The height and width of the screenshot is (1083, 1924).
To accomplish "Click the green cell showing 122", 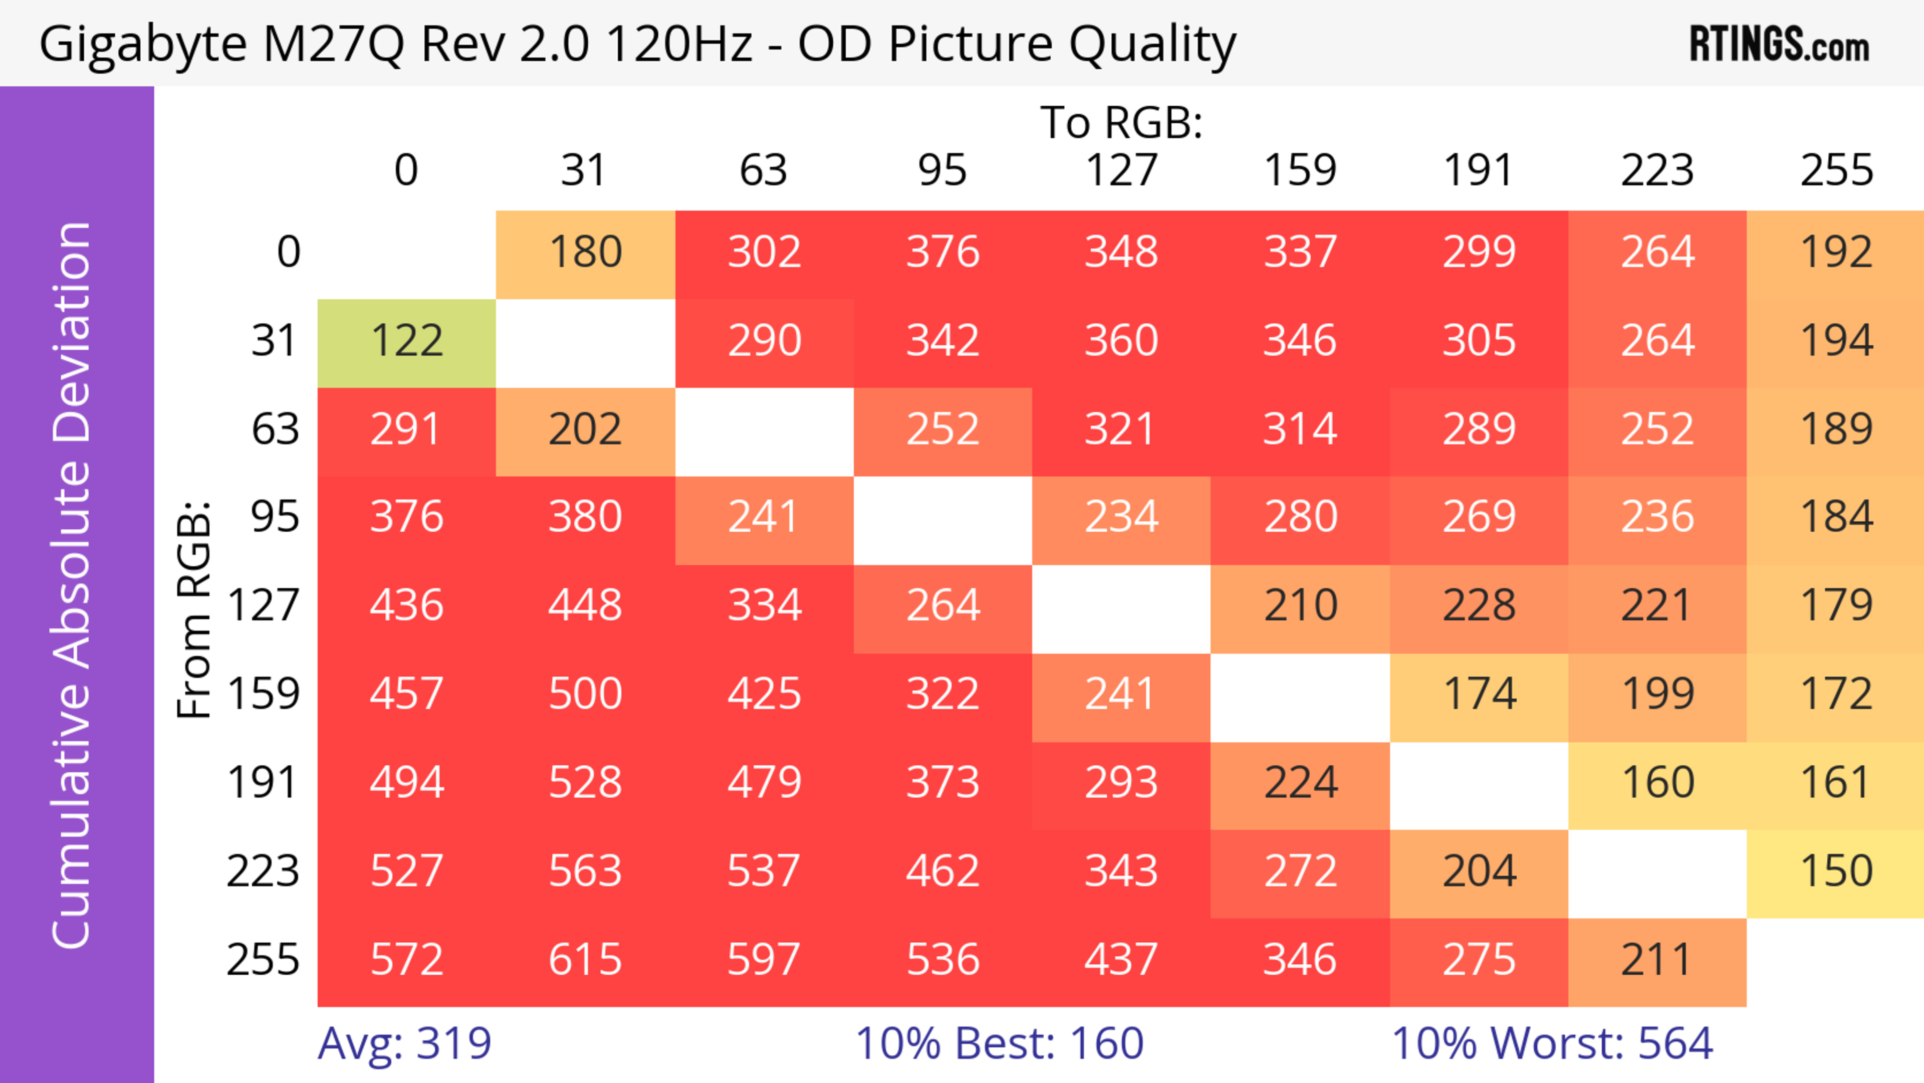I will (x=406, y=341).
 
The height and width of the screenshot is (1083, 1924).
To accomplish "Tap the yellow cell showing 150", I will (x=1836, y=872).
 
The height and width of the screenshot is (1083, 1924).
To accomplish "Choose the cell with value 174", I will (x=1479, y=695).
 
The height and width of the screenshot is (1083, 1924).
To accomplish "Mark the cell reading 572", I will (x=406, y=960).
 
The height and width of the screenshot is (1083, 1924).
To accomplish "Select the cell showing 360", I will (x=1121, y=341).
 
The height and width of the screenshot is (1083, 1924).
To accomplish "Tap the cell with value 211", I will (x=1656, y=960).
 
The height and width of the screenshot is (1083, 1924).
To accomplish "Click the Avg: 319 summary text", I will (x=404, y=1043).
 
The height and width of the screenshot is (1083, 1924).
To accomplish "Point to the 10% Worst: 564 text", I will (x=1552, y=1043).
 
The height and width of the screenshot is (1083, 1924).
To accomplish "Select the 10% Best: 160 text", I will (x=1000, y=1043).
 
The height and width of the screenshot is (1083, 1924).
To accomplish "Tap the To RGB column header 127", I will (x=1121, y=170).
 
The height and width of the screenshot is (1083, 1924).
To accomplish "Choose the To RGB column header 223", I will (x=1656, y=170).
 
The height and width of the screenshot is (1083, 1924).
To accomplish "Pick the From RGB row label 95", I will (x=275, y=517).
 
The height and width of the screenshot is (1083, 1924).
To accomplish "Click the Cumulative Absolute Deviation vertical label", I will (x=72, y=585).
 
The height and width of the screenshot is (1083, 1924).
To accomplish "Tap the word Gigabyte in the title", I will (x=142, y=45).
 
